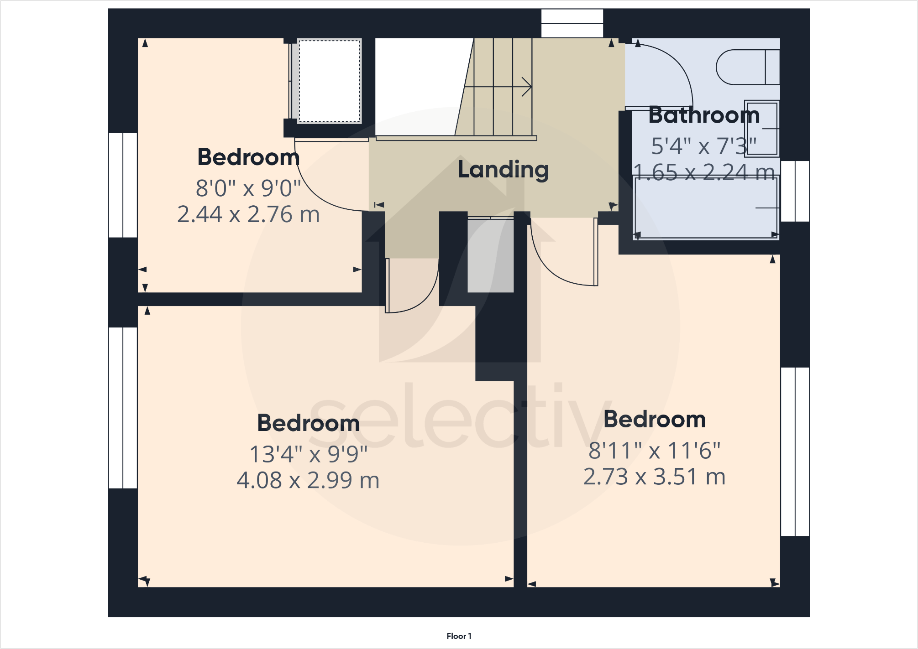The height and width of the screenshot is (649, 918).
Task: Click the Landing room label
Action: (503, 170)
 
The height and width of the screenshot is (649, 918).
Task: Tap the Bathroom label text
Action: (704, 115)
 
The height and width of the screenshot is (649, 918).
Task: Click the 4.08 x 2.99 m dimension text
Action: (308, 480)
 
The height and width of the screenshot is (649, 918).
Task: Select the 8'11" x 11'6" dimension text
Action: (654, 451)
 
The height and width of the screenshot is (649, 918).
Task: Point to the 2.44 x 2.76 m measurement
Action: (248, 214)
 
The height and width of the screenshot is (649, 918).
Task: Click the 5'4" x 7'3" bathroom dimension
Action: (703, 146)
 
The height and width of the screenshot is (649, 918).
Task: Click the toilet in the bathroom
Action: (747, 67)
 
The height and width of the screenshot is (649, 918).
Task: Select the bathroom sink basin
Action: (761, 129)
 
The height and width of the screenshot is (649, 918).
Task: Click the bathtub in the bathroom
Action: (706, 208)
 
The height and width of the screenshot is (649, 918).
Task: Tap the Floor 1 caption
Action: (459, 636)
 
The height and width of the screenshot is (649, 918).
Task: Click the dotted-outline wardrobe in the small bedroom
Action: (329, 81)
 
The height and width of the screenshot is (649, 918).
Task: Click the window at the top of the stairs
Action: (572, 23)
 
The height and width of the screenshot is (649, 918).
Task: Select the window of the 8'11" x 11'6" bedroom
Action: (795, 452)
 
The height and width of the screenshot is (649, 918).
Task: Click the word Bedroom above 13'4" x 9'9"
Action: (308, 423)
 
